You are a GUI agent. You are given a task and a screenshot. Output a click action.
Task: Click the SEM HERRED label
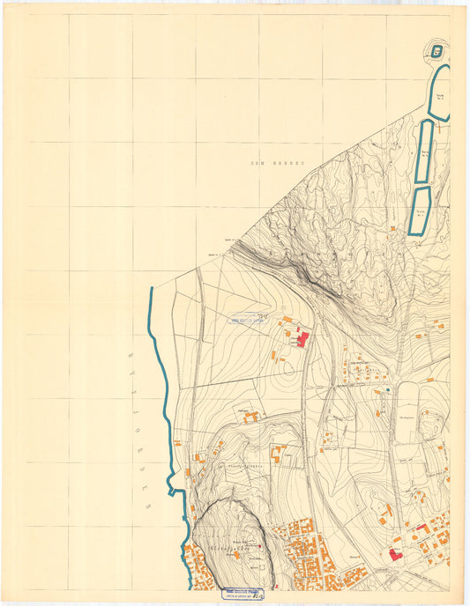click(276, 163)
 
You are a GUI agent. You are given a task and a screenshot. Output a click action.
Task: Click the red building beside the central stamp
click(303, 339)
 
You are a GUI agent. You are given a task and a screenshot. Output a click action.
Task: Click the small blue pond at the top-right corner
click(438, 49)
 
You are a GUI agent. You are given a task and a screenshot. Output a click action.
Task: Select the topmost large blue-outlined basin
click(439, 92)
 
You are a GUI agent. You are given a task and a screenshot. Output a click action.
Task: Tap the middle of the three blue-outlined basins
click(424, 151)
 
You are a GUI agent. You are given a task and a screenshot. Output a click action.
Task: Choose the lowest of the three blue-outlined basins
click(420, 210)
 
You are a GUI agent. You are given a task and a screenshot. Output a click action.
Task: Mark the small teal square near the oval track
click(387, 388)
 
